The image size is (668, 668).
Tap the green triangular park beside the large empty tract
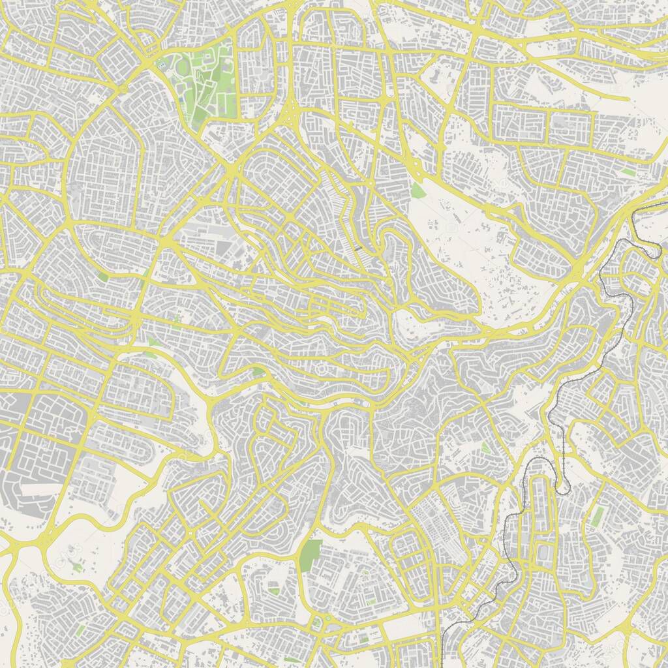coord(417,191)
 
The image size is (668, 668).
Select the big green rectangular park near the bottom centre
coord(311,554)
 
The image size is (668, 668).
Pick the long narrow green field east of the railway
coord(597,516)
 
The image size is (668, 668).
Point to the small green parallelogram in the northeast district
coord(628,172)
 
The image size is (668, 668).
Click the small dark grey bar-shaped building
coord(359,248)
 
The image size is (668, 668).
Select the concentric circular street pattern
coord(322,370)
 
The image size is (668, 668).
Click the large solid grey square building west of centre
coord(224,249)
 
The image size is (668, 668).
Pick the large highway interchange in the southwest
coord(42,539)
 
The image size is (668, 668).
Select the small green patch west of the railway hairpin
coord(485,448)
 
